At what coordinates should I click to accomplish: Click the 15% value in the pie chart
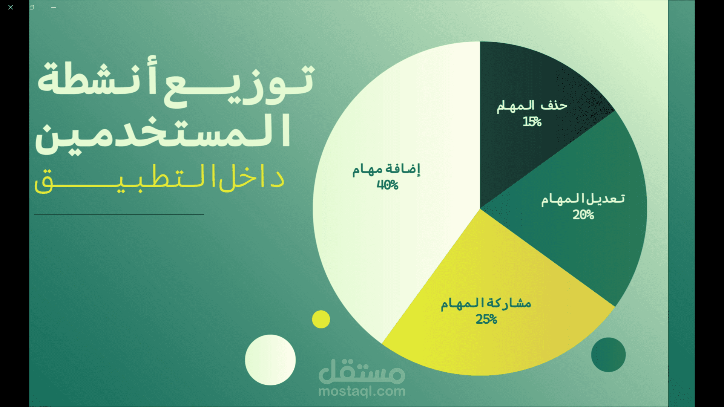coord(532,122)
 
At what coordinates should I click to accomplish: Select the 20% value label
coord(583,215)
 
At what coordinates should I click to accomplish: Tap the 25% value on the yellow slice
coord(486,320)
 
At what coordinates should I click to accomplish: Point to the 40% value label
coord(388,185)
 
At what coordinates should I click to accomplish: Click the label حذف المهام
coord(532,106)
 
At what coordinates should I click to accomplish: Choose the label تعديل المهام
coord(583,199)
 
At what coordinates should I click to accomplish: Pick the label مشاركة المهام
coord(486,303)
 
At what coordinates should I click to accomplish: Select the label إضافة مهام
coord(387,169)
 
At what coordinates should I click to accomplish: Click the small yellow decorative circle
coord(321,319)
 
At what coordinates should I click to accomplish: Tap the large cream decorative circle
coord(270,360)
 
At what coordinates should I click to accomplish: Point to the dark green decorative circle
coord(608,355)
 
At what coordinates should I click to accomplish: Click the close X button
coord(11,7)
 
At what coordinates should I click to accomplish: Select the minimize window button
coord(54,7)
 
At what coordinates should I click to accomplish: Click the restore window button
coord(32,7)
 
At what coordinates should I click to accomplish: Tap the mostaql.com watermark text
coord(362,392)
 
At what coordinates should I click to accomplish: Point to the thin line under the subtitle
coord(119,214)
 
